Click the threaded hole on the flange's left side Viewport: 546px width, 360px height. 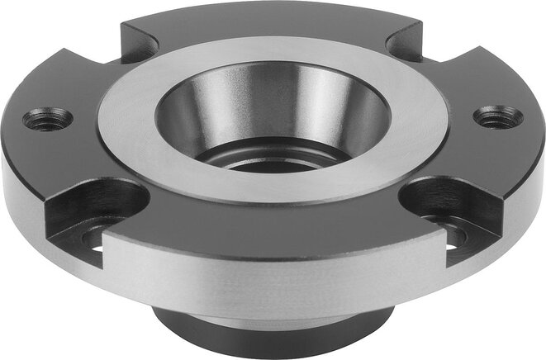coord(47,120)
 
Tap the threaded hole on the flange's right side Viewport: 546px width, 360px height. coord(499,116)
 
